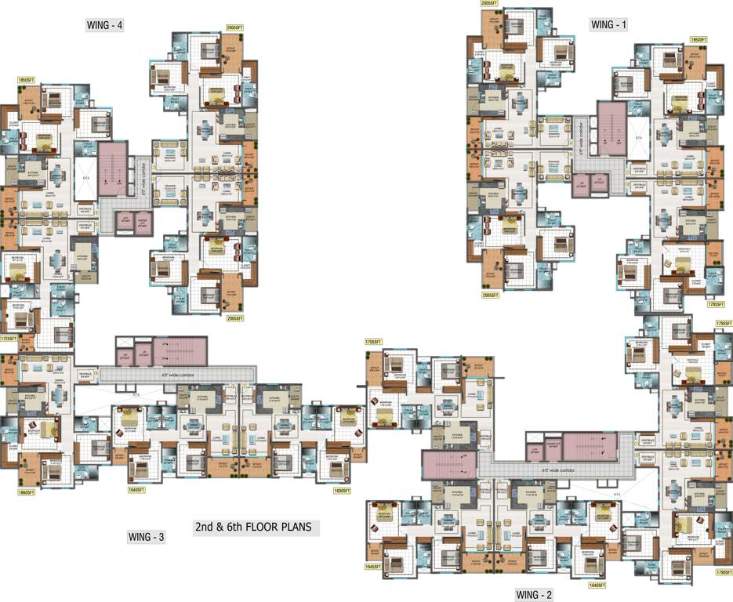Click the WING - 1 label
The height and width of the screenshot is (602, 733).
point(609,25)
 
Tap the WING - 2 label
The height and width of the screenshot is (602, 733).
point(534,595)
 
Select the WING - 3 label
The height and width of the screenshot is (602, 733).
point(146,537)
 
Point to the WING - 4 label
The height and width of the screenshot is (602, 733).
point(105,25)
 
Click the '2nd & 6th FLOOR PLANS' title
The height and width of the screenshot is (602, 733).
point(258,528)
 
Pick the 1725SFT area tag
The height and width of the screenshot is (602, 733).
point(9,339)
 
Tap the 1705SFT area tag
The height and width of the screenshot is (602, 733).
point(373,342)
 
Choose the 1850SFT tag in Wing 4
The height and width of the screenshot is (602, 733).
point(27,80)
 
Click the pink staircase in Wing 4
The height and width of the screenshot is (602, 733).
point(114,168)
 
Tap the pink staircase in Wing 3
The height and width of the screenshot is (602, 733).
point(181,349)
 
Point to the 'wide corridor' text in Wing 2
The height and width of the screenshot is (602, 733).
point(549,470)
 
